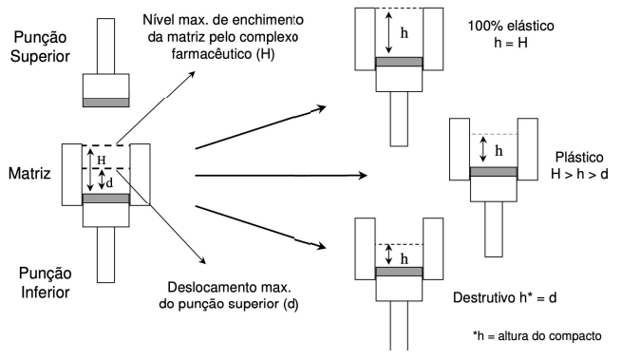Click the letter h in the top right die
[405, 31]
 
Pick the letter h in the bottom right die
[405, 256]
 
